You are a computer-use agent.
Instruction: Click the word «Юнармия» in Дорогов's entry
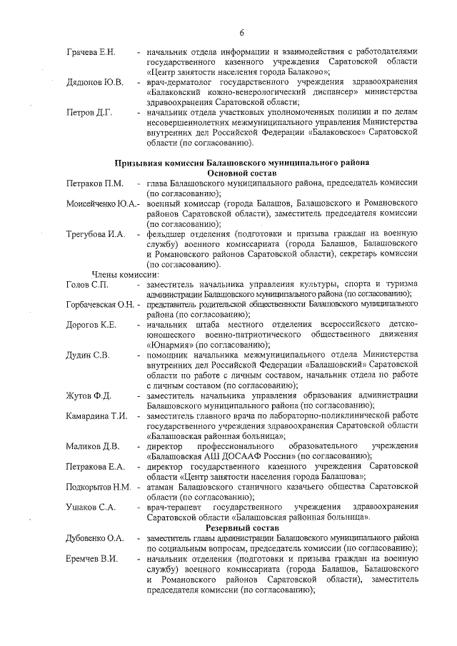[169, 344]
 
